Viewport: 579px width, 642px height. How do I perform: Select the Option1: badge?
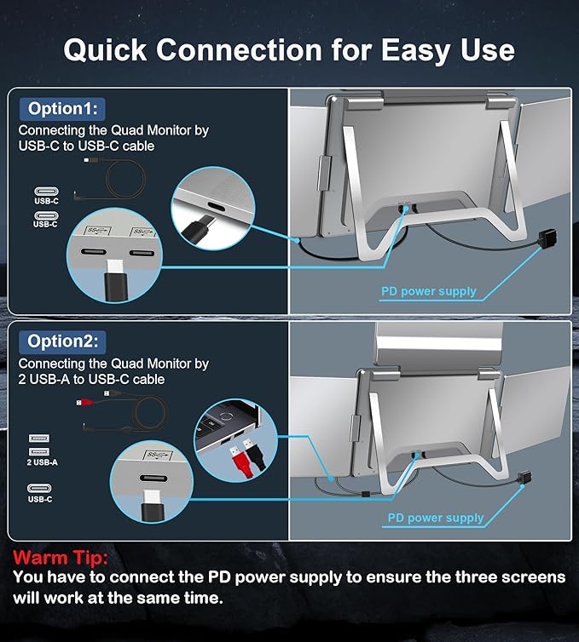click(x=61, y=108)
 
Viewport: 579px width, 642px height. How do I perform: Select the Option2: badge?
click(x=62, y=341)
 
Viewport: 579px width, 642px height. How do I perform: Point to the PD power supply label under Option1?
click(x=428, y=291)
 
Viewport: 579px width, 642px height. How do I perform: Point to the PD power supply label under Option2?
click(x=435, y=518)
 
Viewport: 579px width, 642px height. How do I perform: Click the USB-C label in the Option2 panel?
click(x=41, y=499)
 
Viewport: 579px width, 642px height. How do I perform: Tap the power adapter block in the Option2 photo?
click(x=519, y=480)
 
